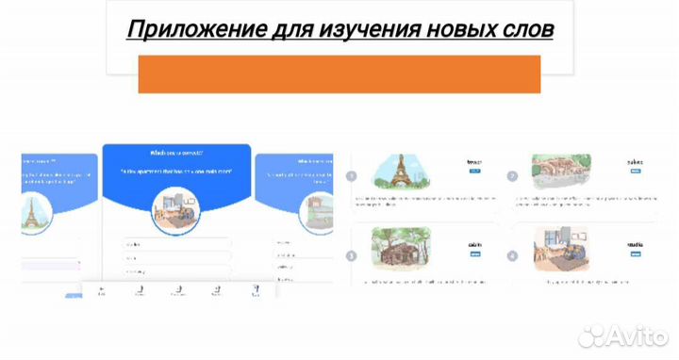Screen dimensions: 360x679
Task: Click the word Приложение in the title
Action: point(176,29)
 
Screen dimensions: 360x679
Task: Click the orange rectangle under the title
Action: point(339,74)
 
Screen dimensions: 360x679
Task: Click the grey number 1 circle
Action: point(351,176)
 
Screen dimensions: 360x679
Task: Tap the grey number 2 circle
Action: point(512,176)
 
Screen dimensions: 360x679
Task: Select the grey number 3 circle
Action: point(351,254)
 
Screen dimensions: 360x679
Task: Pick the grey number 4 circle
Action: point(512,254)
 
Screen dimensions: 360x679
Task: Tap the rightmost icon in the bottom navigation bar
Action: point(253,291)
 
